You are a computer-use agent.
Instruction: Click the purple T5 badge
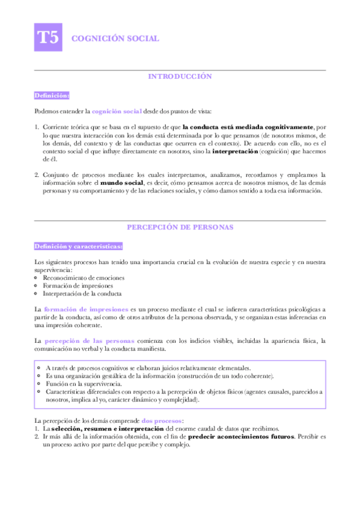point(48,38)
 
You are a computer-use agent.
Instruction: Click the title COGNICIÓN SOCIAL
point(115,38)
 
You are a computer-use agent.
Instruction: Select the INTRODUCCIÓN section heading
point(180,77)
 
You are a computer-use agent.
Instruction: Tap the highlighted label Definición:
point(52,95)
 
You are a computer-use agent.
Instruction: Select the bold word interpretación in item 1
point(236,152)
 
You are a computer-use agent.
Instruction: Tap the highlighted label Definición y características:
point(79,247)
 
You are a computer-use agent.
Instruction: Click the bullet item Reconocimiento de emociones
point(84,278)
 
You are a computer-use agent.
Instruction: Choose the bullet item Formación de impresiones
point(78,286)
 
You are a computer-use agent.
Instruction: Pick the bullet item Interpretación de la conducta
point(83,294)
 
